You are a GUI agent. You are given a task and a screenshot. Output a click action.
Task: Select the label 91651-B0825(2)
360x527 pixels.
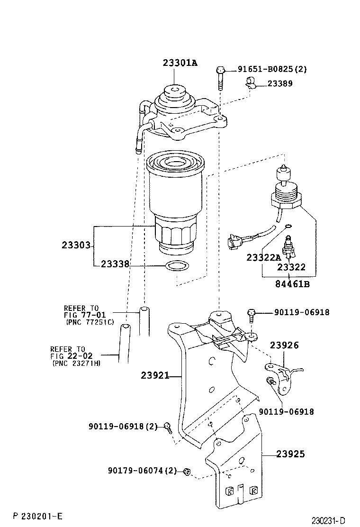[x=272, y=69]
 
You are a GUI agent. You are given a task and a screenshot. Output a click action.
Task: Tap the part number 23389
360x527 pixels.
[x=280, y=83]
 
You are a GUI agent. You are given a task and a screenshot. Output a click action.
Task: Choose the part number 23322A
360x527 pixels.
[x=263, y=257]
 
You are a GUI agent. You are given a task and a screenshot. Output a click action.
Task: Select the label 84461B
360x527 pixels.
[x=292, y=284]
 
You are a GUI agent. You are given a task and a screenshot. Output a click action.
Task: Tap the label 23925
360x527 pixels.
[x=290, y=454]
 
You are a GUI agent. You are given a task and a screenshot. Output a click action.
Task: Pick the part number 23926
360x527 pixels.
[x=284, y=345]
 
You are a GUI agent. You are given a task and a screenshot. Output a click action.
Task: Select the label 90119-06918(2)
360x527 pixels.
[x=123, y=426]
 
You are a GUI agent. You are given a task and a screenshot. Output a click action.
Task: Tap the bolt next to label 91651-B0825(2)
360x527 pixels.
[x=220, y=78]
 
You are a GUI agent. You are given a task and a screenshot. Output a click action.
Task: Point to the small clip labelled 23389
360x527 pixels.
[x=250, y=84]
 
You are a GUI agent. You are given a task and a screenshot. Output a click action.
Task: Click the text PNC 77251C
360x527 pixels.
[x=90, y=322]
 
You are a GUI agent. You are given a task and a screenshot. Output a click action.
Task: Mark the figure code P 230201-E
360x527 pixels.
[x=38, y=515]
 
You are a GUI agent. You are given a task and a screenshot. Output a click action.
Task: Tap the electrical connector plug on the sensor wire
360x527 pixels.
[x=234, y=242]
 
